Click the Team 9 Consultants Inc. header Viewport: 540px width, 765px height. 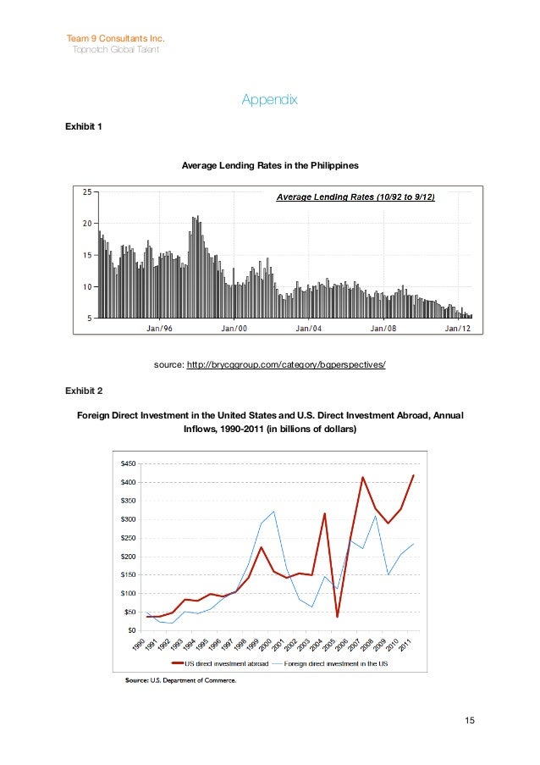[115, 39]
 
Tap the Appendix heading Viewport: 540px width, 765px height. [270, 100]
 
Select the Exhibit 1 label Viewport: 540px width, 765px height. [84, 127]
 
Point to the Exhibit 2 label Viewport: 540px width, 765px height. [84, 391]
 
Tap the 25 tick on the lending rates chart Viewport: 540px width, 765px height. [87, 191]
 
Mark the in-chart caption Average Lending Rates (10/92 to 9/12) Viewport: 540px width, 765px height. [356, 197]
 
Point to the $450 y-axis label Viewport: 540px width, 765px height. [128, 464]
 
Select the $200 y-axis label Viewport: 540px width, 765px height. [128, 556]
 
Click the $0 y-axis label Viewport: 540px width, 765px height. [131, 629]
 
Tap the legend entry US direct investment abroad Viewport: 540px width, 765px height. [224, 663]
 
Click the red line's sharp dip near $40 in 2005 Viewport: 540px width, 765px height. [337, 616]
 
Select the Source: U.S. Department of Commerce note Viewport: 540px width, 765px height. [180, 679]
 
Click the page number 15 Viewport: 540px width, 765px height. [470, 721]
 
